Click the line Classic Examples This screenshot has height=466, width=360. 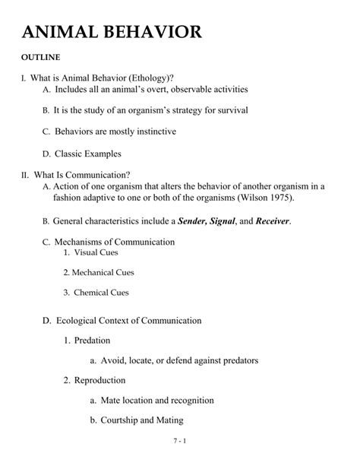click(x=87, y=154)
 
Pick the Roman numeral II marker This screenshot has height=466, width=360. click(x=25, y=174)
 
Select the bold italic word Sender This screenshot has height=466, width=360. click(x=195, y=221)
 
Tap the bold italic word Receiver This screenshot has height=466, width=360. click(x=272, y=221)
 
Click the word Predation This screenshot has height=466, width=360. click(x=92, y=340)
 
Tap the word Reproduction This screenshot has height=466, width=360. click(x=99, y=379)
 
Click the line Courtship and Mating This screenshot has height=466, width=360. click(x=142, y=419)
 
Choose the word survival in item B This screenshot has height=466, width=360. click(x=229, y=110)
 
